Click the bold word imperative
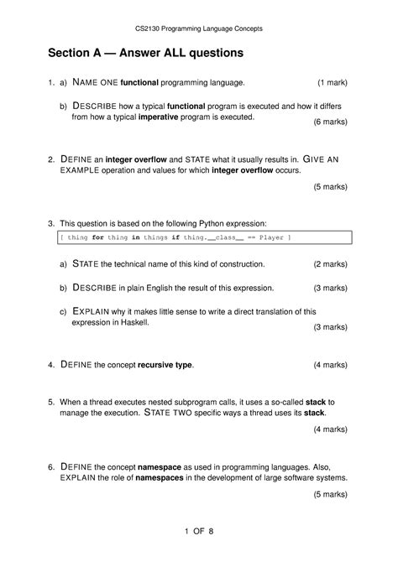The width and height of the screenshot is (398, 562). (x=186, y=118)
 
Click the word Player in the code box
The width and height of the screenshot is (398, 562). (x=270, y=238)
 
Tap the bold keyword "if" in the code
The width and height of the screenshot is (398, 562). (x=175, y=238)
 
